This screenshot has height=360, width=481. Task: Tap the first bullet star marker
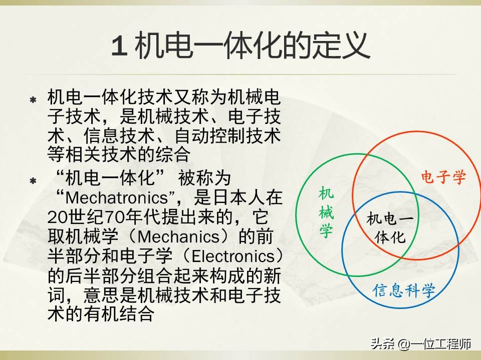(x=33, y=100)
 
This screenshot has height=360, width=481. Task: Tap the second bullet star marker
(x=33, y=181)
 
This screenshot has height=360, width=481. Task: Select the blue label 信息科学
(x=403, y=290)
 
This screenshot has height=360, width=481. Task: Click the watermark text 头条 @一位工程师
(x=420, y=344)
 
